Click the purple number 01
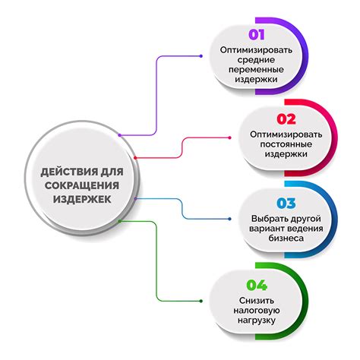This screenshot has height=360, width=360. pos(257,35)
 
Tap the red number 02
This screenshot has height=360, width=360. pos(286,119)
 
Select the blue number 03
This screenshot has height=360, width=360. pos(286,204)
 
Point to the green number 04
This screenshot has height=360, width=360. pos(257,286)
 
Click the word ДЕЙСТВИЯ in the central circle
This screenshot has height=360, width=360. pos(70,172)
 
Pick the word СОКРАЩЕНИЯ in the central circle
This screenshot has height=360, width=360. pos(82,185)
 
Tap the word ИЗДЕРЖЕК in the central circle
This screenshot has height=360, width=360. pos(82,199)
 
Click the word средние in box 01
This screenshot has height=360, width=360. pos(256,60)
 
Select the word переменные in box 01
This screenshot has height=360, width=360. pos(256,70)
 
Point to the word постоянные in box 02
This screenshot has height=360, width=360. pos(286,144)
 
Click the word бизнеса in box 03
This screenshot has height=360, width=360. pos(286,238)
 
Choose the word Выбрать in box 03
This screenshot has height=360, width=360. pos(269,219)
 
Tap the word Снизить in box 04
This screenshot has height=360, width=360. pos(257,301)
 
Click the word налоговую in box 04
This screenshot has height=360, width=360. pos(257,311)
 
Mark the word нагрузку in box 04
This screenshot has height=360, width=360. pos(257,321)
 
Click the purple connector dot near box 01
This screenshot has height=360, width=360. pos(201,56)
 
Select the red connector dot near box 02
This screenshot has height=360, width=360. pos(229,137)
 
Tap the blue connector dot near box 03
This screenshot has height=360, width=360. pos(229,219)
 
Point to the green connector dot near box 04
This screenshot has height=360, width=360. pos(201,301)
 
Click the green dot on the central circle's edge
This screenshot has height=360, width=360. pos(120,221)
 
